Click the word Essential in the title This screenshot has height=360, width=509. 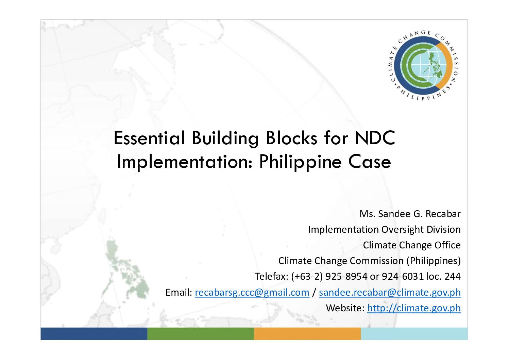[x=149, y=138]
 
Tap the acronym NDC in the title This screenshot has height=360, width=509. [x=375, y=138]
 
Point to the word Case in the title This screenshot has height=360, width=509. [x=370, y=162]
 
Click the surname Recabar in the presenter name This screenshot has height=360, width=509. [x=443, y=214]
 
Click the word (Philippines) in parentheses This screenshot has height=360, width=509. [x=434, y=261]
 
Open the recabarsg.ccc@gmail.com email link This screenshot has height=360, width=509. [x=252, y=293]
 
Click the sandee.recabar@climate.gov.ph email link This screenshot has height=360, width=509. [x=390, y=293]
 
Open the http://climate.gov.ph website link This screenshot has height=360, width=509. [x=414, y=308]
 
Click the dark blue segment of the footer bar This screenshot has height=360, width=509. [x=94, y=334]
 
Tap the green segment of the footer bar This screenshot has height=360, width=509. [x=201, y=334]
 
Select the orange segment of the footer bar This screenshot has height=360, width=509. [x=307, y=334]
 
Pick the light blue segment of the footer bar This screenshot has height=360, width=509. [x=414, y=334]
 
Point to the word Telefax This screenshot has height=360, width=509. [x=272, y=277]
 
